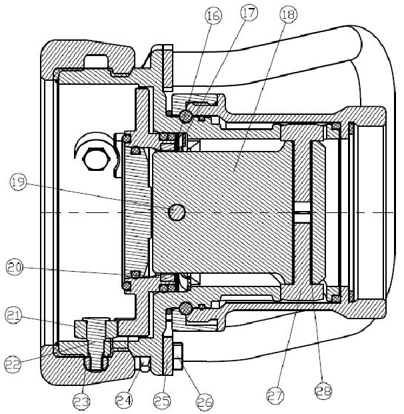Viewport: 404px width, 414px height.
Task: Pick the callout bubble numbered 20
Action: coord(14,268)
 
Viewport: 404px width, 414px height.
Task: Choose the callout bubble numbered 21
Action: coord(15,313)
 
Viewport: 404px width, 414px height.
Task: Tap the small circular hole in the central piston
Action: coord(177,212)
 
